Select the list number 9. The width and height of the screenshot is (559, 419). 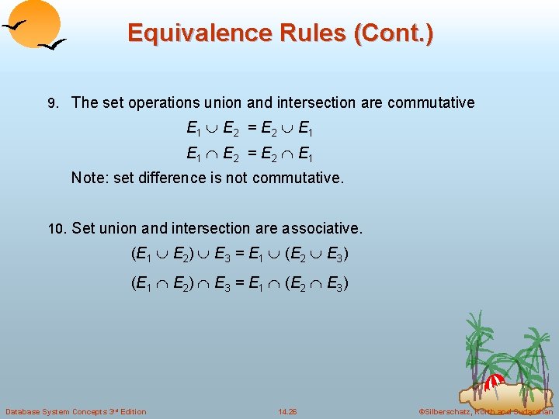[x=52, y=103]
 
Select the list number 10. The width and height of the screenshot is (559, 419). [x=57, y=230]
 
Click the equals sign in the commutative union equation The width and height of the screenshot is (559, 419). [x=249, y=127]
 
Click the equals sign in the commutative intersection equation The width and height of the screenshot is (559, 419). [x=249, y=152]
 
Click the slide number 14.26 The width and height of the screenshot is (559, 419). [x=287, y=410]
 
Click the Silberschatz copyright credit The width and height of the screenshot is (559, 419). [x=486, y=410]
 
